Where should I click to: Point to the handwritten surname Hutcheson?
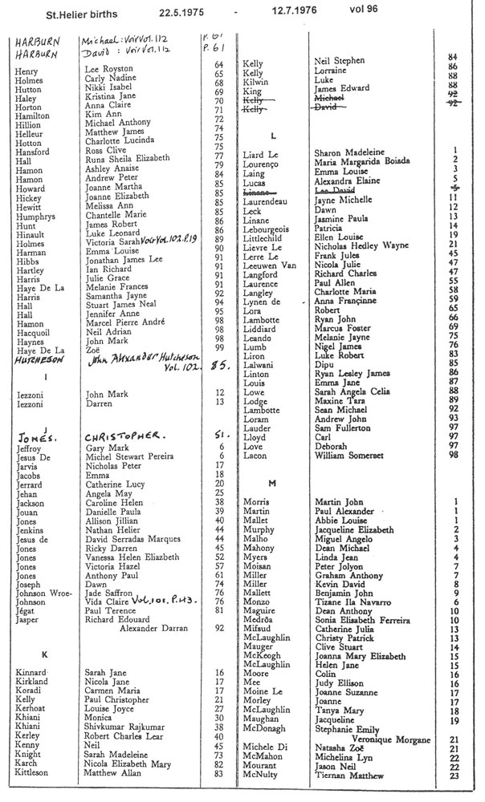point(36,360)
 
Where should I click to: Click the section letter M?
point(272,485)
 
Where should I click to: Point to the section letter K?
point(46,654)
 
